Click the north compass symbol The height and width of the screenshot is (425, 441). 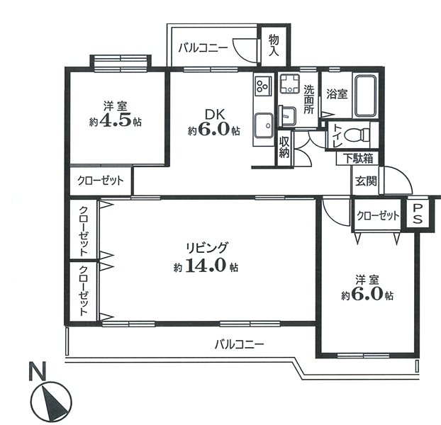pyautogui.click(x=51, y=402)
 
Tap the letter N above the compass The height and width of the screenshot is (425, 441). pyautogui.click(x=38, y=370)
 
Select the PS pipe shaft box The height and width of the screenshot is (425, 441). pyautogui.click(x=418, y=212)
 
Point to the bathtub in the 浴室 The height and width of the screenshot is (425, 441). pyautogui.click(x=365, y=96)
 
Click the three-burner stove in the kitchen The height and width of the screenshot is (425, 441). pyautogui.click(x=263, y=84)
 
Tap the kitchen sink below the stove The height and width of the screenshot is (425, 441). pyautogui.click(x=264, y=125)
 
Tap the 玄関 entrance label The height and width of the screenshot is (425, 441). pyautogui.click(x=366, y=181)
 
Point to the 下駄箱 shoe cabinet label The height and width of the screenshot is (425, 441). pyautogui.click(x=358, y=159)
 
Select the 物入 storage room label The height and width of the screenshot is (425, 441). pyautogui.click(x=274, y=45)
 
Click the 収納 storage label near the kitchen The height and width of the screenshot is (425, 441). pyautogui.click(x=284, y=148)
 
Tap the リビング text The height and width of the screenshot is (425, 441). pyautogui.click(x=206, y=248)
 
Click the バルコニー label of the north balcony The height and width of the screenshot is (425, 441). pyautogui.click(x=203, y=47)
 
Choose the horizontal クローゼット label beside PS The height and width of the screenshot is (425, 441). pyautogui.click(x=378, y=216)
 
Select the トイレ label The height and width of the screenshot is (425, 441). pyautogui.click(x=337, y=136)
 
